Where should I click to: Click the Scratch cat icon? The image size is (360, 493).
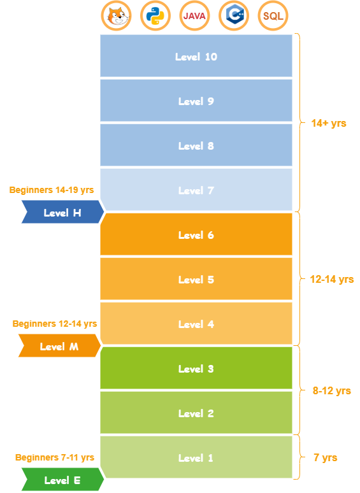117,16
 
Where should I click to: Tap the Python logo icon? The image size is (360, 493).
155,16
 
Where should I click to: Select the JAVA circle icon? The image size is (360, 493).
194,16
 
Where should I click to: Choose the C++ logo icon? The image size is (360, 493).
234,16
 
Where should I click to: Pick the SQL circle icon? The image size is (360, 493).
273,16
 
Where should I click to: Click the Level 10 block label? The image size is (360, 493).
196,57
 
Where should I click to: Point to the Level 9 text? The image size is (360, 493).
196,101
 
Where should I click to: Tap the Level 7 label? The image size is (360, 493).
196,190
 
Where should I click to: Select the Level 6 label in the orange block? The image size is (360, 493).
196,235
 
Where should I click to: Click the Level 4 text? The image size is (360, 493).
196,324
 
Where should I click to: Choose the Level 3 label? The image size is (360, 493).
196,369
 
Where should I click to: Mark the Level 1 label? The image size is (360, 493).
196,458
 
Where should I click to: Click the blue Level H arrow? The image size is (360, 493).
62,212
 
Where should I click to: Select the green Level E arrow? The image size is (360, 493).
62,479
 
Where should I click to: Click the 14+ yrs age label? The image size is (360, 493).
329,124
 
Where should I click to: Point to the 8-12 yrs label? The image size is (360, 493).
332,391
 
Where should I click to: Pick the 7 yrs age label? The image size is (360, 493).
326,457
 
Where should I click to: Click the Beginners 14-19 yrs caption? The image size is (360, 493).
52,190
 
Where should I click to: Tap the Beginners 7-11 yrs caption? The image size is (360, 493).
55,457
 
